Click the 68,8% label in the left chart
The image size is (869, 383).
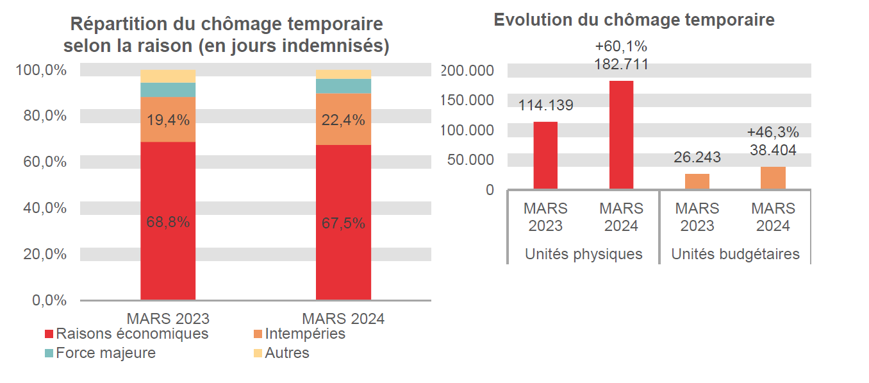168,223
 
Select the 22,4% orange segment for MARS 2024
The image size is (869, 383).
343,119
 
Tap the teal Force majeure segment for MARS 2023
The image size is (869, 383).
168,90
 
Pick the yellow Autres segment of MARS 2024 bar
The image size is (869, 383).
343,74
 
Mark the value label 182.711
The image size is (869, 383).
621,64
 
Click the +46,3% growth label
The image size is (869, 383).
773,133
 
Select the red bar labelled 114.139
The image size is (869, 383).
545,155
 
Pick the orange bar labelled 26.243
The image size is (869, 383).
697,181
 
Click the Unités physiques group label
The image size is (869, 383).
583,254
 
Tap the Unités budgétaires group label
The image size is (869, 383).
735,254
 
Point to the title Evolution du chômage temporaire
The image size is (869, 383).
634,20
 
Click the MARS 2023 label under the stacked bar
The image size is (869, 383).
168,319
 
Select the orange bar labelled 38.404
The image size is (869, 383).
773,178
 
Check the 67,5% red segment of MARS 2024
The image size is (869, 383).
343,223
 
